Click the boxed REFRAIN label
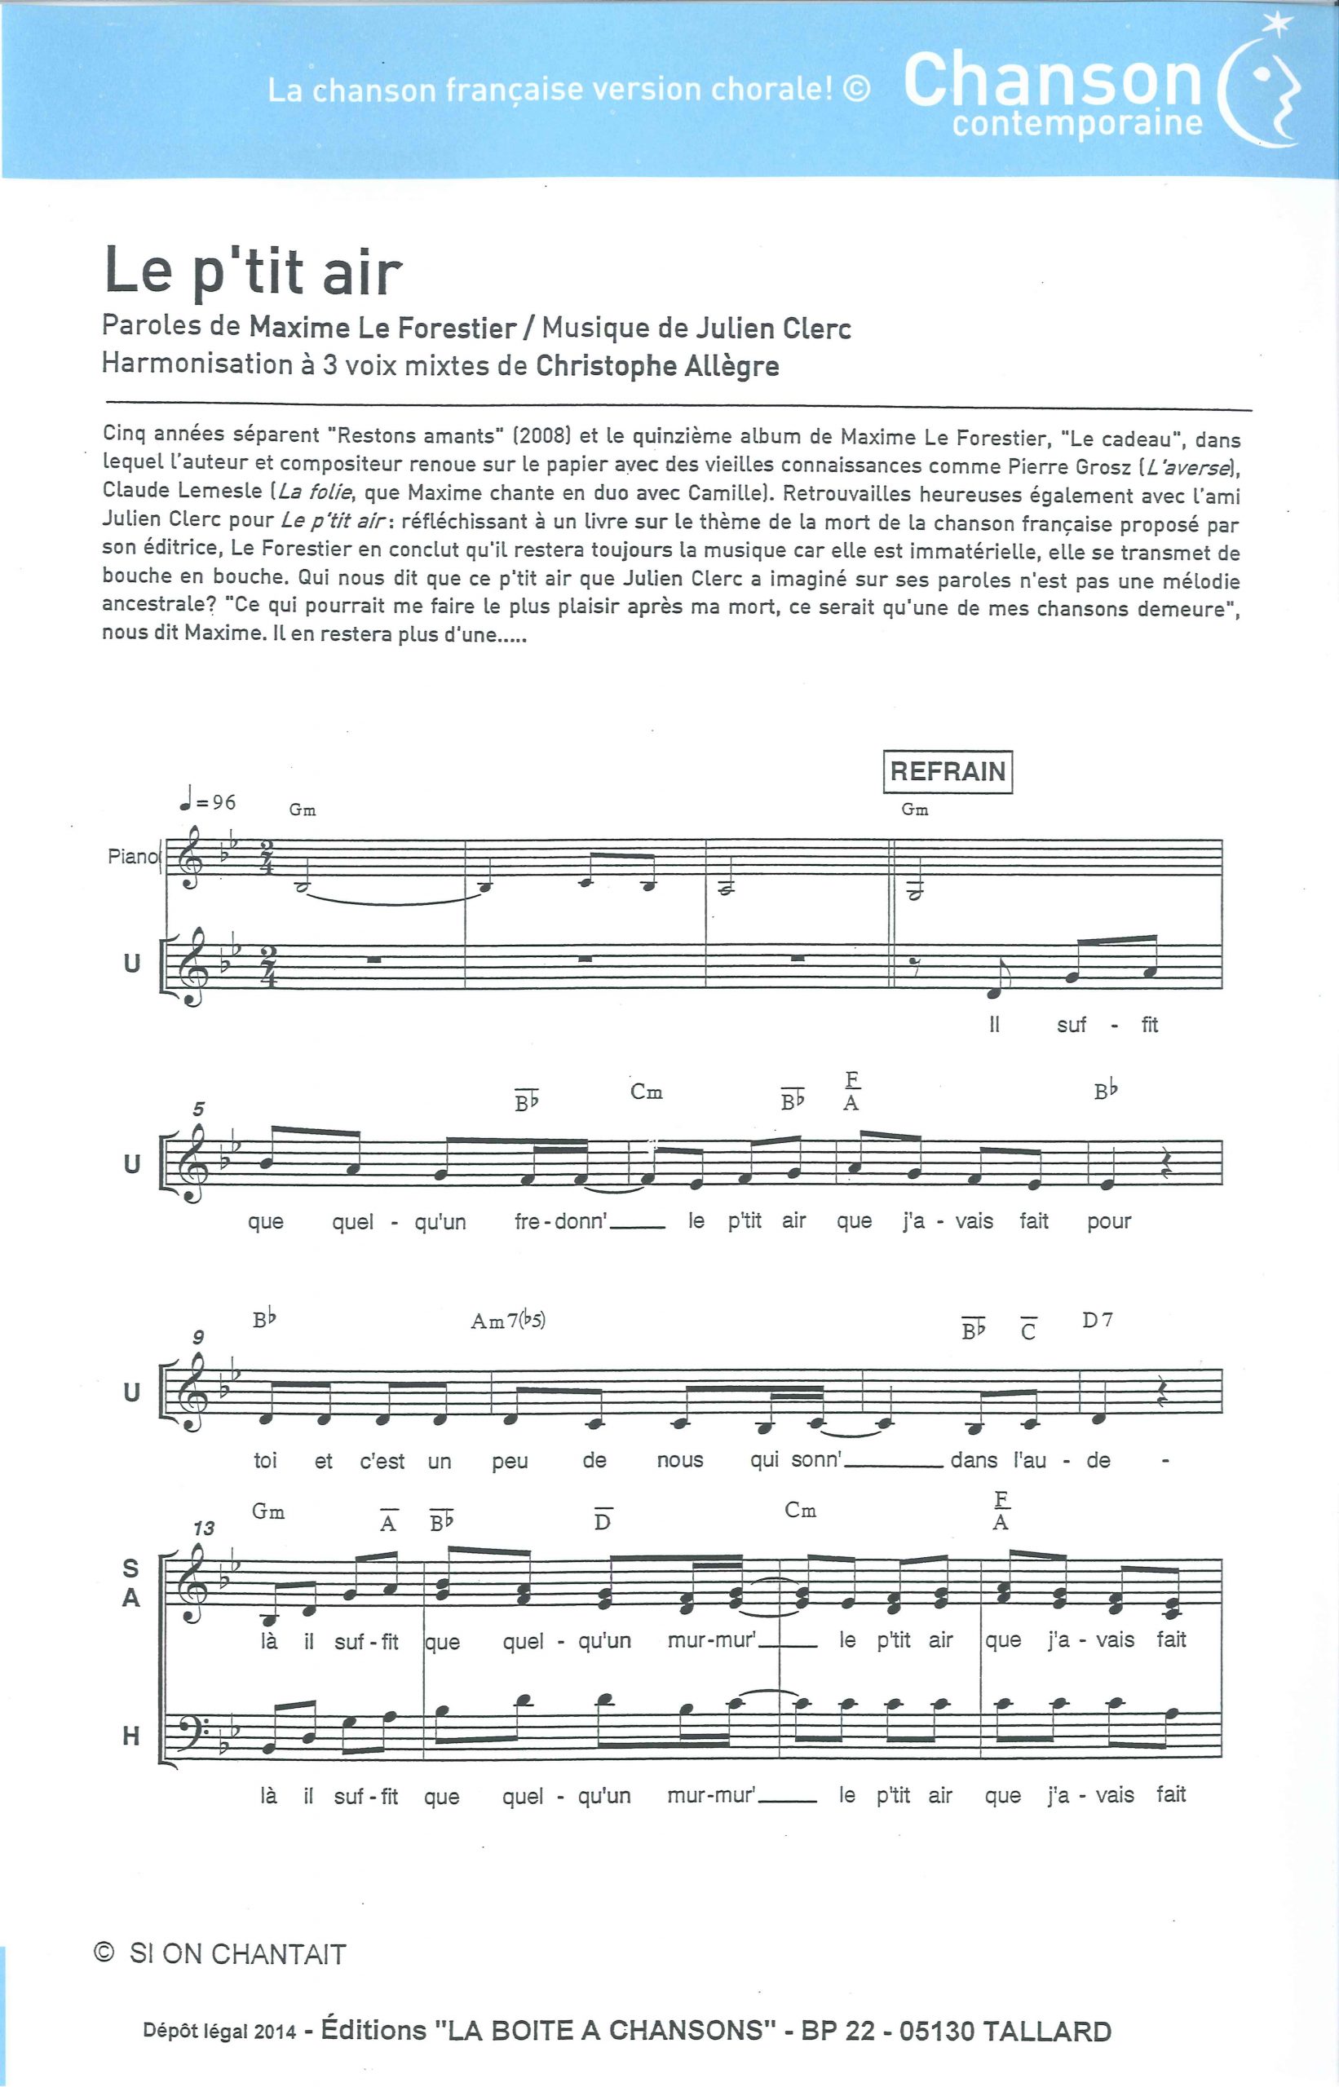click(947, 771)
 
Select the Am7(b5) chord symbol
click(508, 1321)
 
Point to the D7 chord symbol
click(1098, 1321)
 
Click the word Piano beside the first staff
click(132, 856)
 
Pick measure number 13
click(203, 1527)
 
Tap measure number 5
click(199, 1109)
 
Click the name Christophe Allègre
click(656, 366)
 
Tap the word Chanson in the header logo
click(1052, 80)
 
